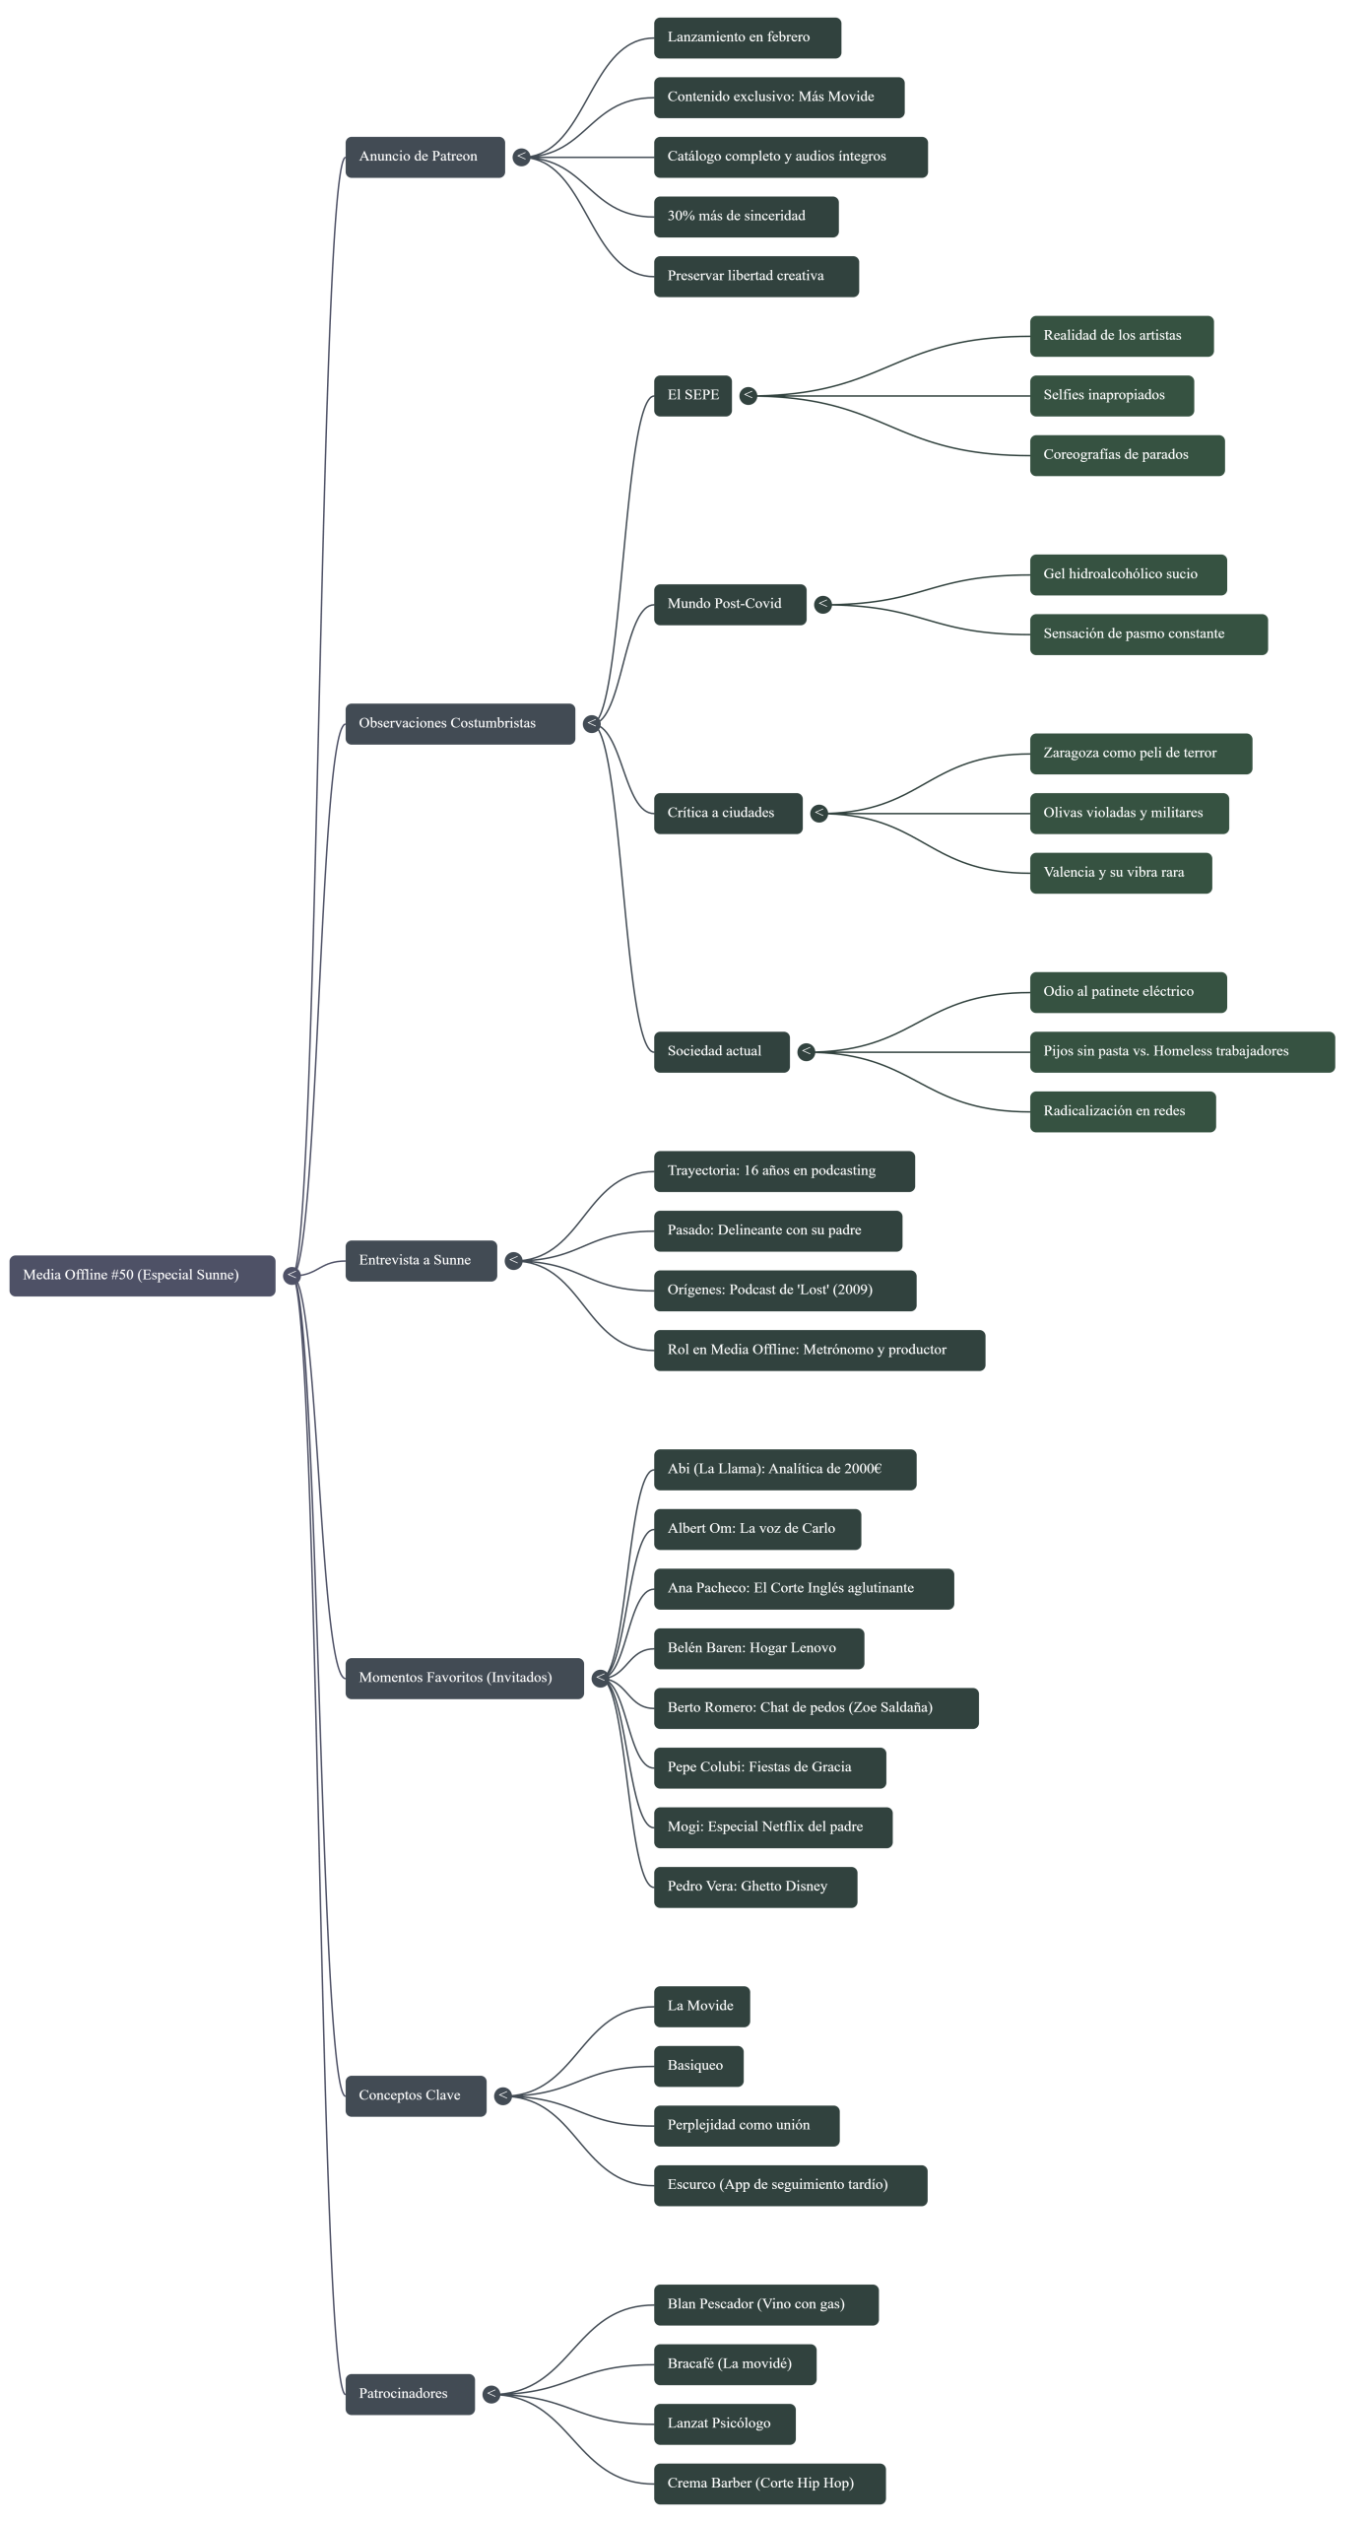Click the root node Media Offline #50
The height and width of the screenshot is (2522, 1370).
point(142,1275)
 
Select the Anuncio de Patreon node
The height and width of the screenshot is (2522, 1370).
point(424,157)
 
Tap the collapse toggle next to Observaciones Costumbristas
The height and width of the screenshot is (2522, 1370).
point(591,724)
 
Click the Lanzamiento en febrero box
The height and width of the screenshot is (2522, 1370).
point(747,37)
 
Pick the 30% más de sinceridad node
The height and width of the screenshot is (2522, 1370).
point(746,217)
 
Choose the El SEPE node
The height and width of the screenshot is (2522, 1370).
point(692,395)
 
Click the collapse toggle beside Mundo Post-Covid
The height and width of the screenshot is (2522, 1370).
point(823,604)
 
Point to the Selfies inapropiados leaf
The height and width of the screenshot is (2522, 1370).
point(1111,395)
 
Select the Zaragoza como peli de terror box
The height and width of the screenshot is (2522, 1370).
point(1140,754)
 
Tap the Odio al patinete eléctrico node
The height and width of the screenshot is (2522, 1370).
point(1128,992)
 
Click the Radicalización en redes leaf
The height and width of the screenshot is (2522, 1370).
point(1122,1111)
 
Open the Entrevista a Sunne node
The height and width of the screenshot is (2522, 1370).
point(421,1261)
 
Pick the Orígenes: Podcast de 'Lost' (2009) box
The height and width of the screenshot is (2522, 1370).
point(784,1291)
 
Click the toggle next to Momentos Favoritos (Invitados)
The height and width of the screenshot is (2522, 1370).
point(600,1678)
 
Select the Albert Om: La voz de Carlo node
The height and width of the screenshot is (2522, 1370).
point(756,1529)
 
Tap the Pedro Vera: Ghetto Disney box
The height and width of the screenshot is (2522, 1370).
point(754,1887)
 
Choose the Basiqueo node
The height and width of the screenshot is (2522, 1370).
point(698,2066)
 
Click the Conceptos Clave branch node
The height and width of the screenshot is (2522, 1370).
point(415,2095)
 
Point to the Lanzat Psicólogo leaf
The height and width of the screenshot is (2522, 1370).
point(724,2423)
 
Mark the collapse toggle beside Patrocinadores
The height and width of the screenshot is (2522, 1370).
point(490,2394)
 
